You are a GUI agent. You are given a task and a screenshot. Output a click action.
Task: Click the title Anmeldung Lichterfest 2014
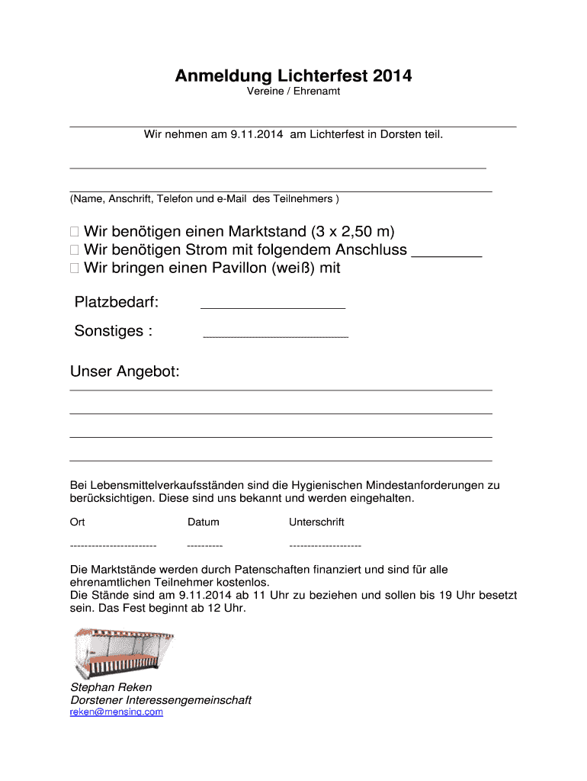pos(293,76)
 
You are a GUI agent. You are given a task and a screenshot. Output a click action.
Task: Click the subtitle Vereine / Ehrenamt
pos(293,92)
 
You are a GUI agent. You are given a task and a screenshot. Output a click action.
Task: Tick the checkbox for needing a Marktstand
pos(74,231)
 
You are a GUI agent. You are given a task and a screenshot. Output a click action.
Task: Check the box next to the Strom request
pos(74,250)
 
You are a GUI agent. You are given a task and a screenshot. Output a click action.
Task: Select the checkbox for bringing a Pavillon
pos(74,268)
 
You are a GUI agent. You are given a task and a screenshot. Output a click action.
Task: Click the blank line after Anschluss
pos(446,256)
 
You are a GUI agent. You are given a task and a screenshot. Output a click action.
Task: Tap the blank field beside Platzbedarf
pos(272,307)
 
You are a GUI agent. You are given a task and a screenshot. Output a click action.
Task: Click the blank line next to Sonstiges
pos(276,336)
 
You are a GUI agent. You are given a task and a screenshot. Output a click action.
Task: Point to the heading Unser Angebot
pos(125,372)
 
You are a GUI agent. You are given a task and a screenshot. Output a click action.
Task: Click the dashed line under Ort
pos(113,546)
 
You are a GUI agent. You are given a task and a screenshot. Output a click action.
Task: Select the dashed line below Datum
pos(204,546)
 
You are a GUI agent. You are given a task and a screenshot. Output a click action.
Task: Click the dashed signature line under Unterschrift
pos(325,546)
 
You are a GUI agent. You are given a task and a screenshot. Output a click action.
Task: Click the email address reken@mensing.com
pos(117,712)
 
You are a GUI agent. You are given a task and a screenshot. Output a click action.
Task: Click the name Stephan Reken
pos(111,687)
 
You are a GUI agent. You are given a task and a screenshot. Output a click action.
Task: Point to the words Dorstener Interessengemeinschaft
pos(161,700)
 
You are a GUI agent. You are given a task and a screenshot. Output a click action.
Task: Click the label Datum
pos(204,522)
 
